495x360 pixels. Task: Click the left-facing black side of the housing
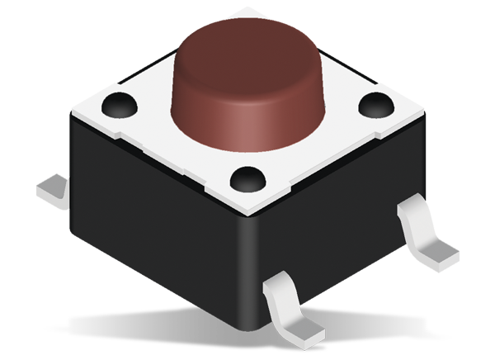148,223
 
